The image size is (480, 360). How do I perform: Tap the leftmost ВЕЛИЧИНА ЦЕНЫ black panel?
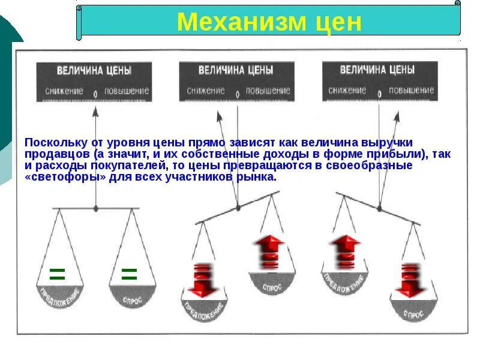pos(94,80)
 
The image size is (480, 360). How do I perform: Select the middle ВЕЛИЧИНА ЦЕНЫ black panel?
pos(236,80)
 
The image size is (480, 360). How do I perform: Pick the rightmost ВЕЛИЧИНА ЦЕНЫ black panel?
pos(379,80)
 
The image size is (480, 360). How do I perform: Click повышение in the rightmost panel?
pos(412,91)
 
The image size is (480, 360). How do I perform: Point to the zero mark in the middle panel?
pos(238,94)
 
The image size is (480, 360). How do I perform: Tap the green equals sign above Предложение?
pos(57,275)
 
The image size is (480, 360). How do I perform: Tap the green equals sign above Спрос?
pos(129,275)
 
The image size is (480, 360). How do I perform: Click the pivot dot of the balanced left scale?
pos(95,208)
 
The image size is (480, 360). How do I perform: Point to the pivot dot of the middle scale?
pos(238,207)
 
